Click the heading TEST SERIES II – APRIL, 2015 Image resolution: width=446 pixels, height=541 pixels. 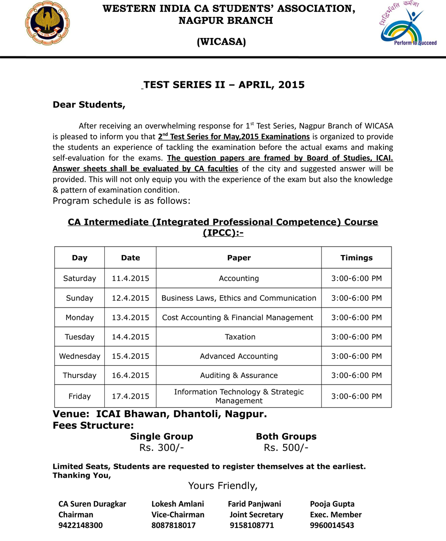tap(224, 85)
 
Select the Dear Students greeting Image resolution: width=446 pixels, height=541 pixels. tap(89, 105)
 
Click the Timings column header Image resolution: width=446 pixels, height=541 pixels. tap(356, 257)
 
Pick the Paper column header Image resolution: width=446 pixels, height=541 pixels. tap(238, 257)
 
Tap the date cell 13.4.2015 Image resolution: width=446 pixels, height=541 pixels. tap(130, 317)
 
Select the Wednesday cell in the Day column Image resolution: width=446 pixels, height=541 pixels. tap(79, 356)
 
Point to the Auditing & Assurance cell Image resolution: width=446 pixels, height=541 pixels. tap(238, 375)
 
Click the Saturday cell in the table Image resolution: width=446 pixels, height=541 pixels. tap(79, 278)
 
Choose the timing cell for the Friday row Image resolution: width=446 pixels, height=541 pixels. tap(356, 396)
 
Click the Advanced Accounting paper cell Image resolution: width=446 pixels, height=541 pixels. tap(238, 356)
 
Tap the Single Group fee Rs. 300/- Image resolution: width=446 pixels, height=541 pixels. tap(161, 448)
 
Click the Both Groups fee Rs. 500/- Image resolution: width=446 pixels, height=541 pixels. tap(286, 448)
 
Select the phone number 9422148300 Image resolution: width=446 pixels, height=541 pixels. tap(80, 525)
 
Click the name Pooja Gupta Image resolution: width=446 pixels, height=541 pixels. tap(332, 504)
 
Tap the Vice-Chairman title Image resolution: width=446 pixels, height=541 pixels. tap(177, 514)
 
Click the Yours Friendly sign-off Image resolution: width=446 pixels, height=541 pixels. tap(223, 485)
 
